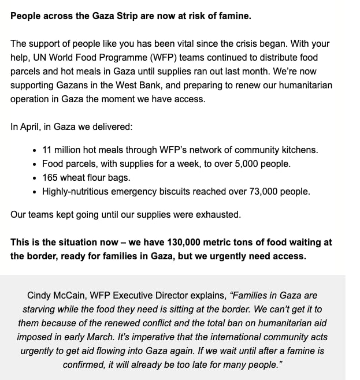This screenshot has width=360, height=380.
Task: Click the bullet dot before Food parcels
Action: [36, 164]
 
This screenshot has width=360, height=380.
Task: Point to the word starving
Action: [40, 309]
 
